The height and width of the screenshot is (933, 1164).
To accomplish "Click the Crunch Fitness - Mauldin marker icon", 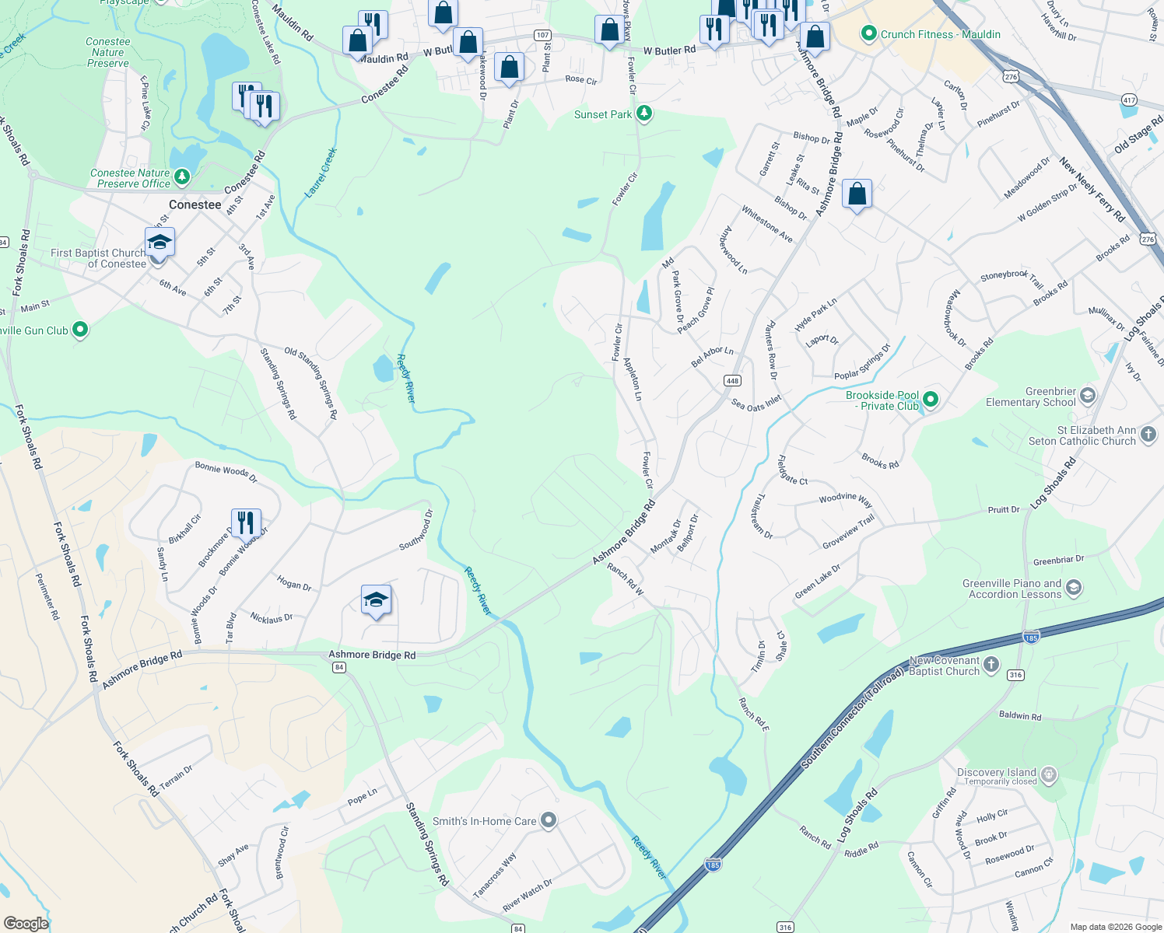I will pos(868,34).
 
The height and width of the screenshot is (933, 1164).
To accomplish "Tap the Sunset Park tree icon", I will pos(643,114).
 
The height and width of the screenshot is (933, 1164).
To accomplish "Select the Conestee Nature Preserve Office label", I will pos(130,178).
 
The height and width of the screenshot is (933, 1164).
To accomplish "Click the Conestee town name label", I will pos(195,204).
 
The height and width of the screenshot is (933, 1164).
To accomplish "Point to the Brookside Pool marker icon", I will pos(930,400).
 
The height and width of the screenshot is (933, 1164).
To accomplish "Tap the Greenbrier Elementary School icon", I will pos(1088,396).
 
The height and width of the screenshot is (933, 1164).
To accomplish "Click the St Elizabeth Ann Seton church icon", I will pos(1148,435).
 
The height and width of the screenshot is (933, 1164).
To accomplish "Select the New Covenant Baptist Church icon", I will pos(990,665).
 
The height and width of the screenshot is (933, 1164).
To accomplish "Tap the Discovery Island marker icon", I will pos(1049,774).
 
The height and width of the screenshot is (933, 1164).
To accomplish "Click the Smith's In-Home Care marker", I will pos(549,820).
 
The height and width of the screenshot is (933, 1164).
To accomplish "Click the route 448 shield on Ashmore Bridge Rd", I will pos(731,381).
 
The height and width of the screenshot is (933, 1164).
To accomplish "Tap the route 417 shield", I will pos(1129,100).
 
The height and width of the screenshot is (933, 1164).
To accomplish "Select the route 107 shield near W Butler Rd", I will pos(542,35).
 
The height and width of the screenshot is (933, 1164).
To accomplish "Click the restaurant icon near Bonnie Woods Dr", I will pos(246,522).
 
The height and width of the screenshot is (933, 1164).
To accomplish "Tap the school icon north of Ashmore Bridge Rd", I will pos(376,599).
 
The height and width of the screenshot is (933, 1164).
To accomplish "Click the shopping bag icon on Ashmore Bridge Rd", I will pos(857,194).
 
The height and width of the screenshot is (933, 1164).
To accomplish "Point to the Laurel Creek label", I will pos(321,173).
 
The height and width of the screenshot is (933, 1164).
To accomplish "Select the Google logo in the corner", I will pos(26,923).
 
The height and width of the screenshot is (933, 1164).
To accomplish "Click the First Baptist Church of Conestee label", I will pos(98,258).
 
